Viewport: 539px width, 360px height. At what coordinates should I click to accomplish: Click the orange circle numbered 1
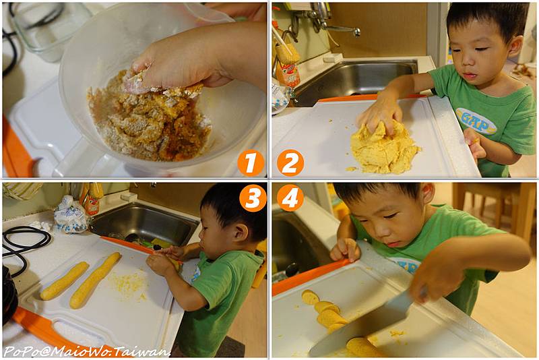pyautogui.click(x=251, y=162)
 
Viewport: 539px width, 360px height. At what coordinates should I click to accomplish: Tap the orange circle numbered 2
pyautogui.click(x=290, y=162)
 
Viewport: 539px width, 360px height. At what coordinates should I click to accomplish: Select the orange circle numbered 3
pyautogui.click(x=253, y=198)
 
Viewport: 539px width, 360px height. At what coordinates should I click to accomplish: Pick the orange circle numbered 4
pyautogui.click(x=290, y=198)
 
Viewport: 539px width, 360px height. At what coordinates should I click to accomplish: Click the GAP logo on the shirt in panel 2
pyautogui.click(x=476, y=121)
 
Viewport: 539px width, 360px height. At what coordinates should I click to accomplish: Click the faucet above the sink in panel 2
pyautogui.click(x=330, y=22)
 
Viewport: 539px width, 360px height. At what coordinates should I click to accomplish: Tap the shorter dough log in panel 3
pyautogui.click(x=65, y=280)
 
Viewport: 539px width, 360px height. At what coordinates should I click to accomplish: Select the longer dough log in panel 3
pyautogui.click(x=95, y=280)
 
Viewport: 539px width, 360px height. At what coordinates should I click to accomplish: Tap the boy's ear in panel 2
pyautogui.click(x=515, y=46)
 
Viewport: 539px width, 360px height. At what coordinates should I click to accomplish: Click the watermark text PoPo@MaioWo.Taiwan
pyautogui.click(x=87, y=351)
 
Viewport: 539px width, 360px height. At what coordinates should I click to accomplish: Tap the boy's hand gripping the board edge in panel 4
pyautogui.click(x=345, y=249)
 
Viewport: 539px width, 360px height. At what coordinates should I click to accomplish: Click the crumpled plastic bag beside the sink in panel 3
pyautogui.click(x=71, y=214)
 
